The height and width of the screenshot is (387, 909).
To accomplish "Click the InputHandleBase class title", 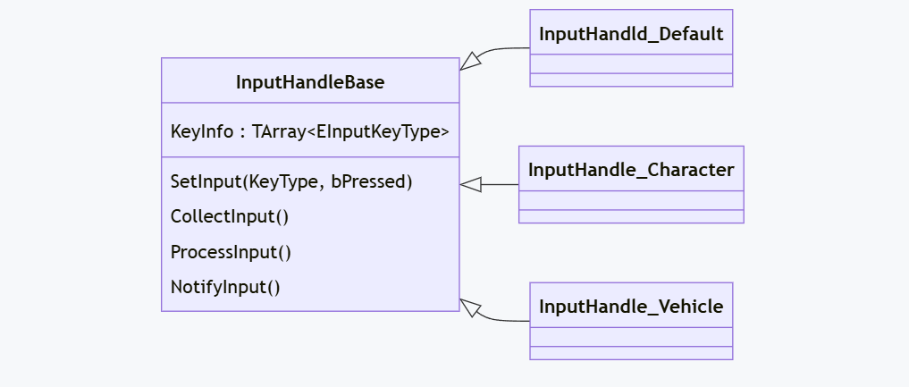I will (310, 82).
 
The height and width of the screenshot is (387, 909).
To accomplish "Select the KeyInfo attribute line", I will (309, 130).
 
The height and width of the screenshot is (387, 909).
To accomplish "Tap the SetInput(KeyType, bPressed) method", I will (291, 181).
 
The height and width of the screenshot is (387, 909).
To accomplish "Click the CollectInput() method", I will (230, 216).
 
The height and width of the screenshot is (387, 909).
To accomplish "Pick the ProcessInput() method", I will (231, 252).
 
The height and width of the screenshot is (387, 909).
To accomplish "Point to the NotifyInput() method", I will (225, 288).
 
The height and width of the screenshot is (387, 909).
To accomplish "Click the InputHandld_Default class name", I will (630, 34).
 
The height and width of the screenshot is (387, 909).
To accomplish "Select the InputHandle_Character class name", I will (630, 170).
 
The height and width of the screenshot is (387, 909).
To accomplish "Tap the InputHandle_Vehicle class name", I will (630, 307).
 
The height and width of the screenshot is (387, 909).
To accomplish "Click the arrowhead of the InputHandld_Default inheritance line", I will (470, 62).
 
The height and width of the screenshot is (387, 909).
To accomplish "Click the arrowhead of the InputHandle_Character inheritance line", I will (471, 184).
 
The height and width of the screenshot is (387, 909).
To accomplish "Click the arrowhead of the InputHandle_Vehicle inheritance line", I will (470, 307).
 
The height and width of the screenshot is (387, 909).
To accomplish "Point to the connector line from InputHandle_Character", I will (501, 184).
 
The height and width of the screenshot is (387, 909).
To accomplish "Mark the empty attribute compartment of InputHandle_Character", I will (630, 200).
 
